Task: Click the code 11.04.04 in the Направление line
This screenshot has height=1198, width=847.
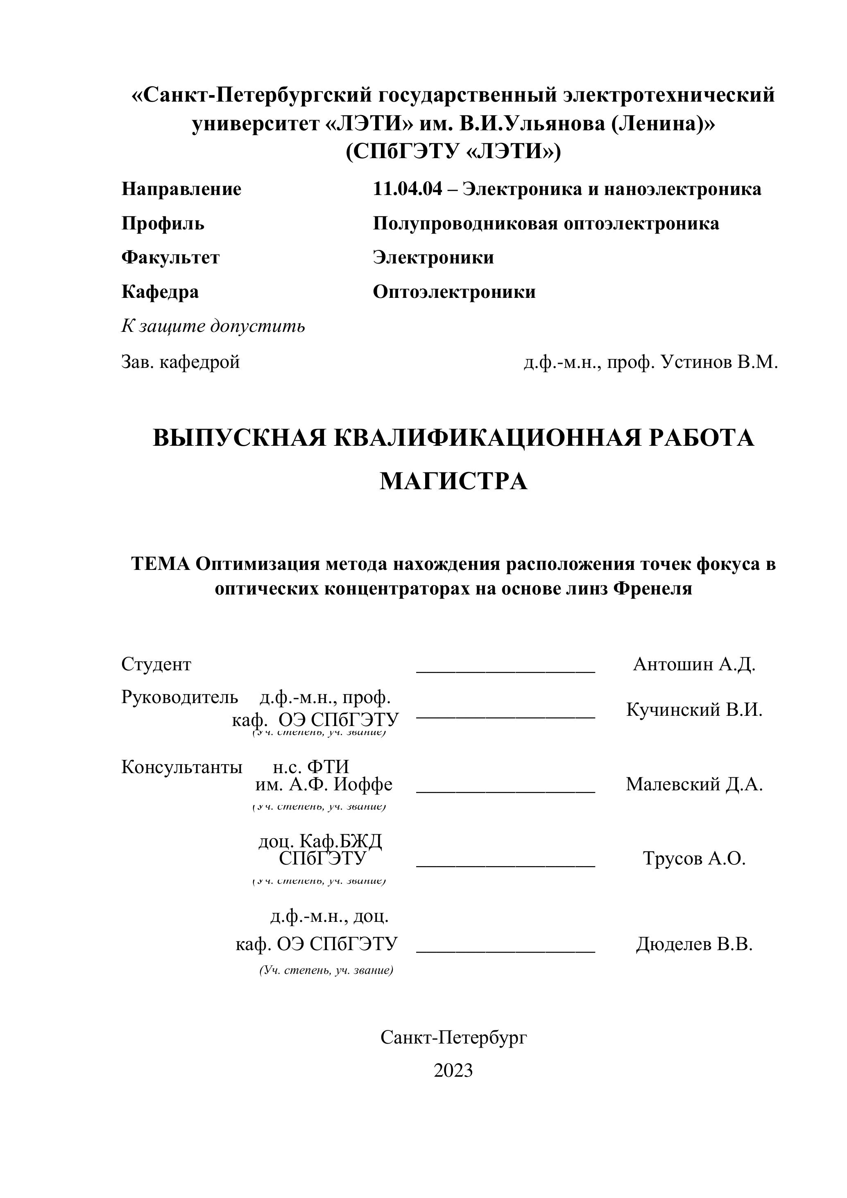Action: (x=407, y=189)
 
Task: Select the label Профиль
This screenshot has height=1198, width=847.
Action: (x=163, y=223)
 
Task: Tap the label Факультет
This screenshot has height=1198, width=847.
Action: (x=170, y=257)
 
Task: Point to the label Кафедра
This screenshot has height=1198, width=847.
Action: (x=160, y=292)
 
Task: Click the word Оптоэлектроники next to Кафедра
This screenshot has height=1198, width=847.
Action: (x=454, y=292)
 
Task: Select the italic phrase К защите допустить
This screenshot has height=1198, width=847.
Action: (x=213, y=326)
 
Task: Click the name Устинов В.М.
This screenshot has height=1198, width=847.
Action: (x=719, y=362)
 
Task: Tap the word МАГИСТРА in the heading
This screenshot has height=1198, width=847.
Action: (x=453, y=481)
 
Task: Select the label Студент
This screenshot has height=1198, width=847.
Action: (x=156, y=664)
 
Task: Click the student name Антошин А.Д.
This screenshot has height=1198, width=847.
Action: (x=694, y=664)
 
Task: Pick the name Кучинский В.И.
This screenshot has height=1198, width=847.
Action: (x=694, y=710)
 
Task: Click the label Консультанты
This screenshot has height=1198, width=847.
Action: (x=181, y=767)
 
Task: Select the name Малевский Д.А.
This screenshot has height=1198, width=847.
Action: (x=694, y=784)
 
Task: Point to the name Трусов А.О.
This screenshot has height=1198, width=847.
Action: (x=694, y=858)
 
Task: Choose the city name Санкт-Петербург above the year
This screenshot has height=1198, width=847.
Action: (x=453, y=1038)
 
